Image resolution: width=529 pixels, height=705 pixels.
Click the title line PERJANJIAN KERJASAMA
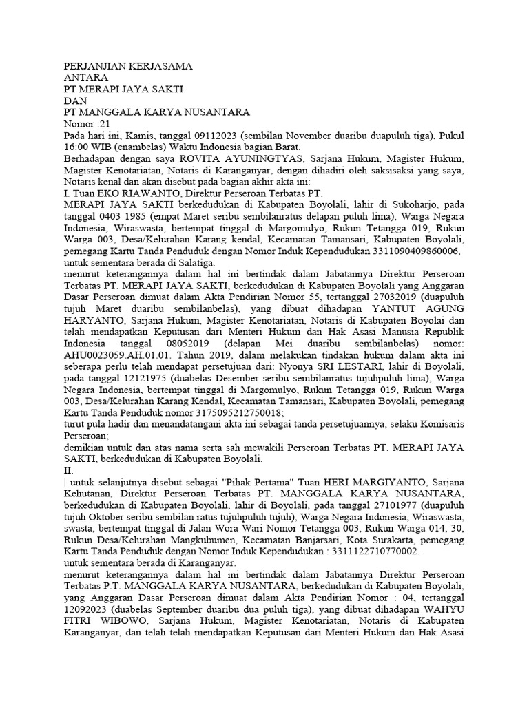pyautogui.click(x=127, y=67)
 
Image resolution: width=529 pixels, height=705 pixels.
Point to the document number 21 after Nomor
pyautogui.click(x=104, y=124)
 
